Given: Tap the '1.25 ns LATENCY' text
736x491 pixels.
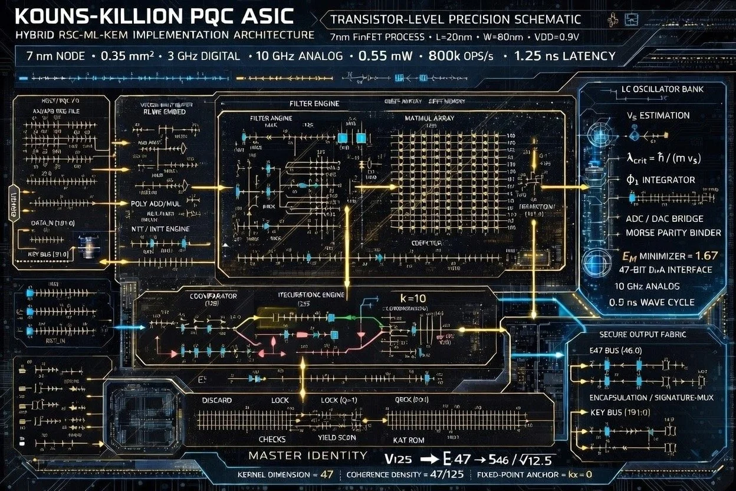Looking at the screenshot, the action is [x=564, y=57].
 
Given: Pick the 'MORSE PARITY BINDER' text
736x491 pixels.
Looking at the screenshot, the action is [x=673, y=233].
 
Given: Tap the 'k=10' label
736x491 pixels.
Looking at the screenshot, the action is [x=412, y=298].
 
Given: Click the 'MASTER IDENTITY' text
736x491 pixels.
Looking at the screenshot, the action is [x=307, y=456].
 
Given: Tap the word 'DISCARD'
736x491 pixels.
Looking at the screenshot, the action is [x=217, y=401].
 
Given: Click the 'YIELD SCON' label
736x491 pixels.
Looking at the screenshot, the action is [x=337, y=438].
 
